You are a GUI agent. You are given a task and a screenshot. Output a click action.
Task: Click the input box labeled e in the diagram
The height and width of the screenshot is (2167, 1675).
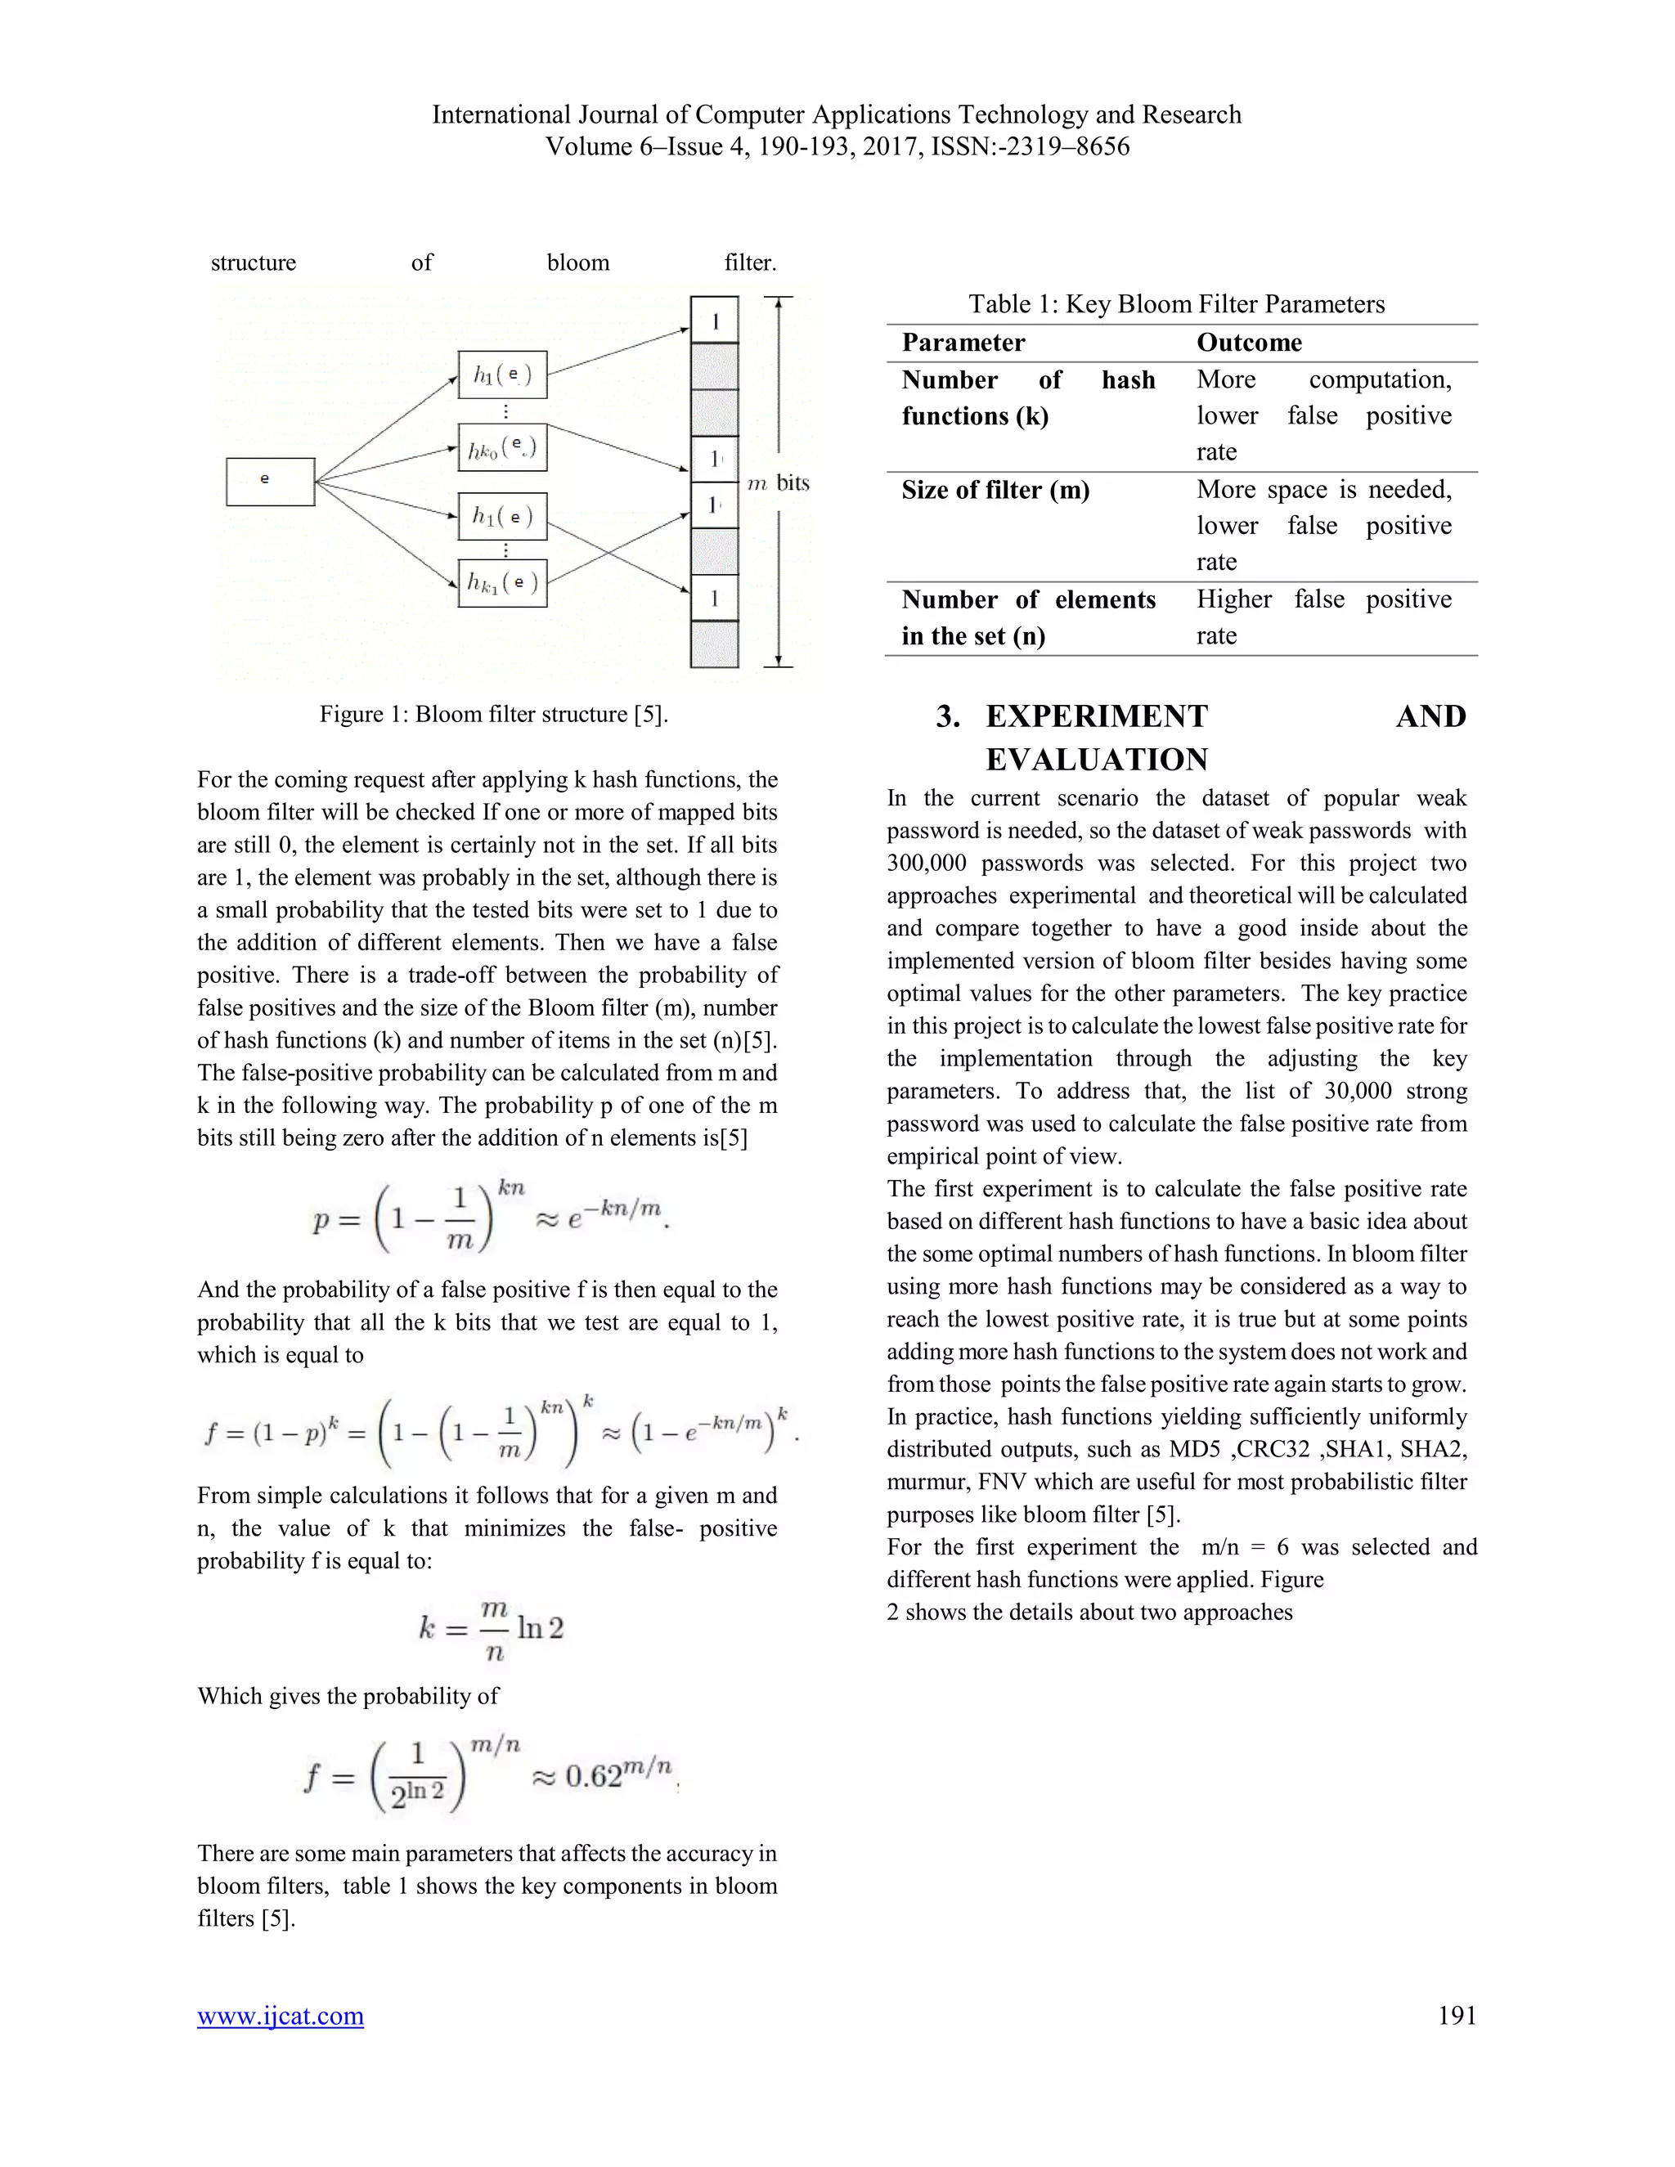tap(270, 481)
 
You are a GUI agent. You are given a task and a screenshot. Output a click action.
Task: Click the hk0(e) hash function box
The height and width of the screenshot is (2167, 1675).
tap(502, 448)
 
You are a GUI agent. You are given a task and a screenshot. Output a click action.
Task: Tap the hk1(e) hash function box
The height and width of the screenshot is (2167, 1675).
tap(502, 583)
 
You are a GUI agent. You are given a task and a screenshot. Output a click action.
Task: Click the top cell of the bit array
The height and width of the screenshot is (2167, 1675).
tap(715, 321)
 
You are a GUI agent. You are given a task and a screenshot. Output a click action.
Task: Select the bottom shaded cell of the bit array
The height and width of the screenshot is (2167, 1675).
tap(715, 644)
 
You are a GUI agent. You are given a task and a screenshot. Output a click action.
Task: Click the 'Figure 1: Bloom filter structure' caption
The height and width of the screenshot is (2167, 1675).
tap(493, 715)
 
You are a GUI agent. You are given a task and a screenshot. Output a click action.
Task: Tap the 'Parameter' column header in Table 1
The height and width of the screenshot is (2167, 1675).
tap(963, 343)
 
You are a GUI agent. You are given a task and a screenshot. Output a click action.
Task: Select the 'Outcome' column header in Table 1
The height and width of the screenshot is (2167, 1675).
tap(1248, 343)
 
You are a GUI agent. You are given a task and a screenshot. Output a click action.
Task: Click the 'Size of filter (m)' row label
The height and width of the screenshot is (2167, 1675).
tap(995, 490)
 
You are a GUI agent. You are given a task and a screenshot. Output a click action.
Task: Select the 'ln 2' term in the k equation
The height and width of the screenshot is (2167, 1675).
tap(541, 1628)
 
